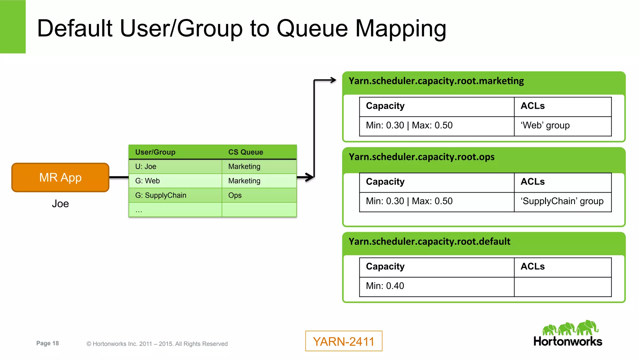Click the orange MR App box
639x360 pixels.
click(x=60, y=177)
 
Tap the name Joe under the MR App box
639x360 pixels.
click(x=60, y=204)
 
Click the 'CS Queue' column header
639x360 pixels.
click(x=246, y=152)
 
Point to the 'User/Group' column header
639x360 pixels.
click(x=155, y=152)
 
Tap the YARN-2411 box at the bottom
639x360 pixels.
click(x=344, y=341)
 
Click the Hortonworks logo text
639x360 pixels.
click(x=568, y=342)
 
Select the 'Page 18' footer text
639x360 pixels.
click(x=47, y=343)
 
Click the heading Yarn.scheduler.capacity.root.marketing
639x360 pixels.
click(x=436, y=81)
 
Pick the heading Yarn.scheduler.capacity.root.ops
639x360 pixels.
click(x=421, y=157)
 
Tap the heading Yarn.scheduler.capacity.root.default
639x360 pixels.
click(x=429, y=242)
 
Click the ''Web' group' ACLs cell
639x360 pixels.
click(x=545, y=126)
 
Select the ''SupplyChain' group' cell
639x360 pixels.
click(x=562, y=201)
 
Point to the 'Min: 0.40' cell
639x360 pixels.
click(x=385, y=286)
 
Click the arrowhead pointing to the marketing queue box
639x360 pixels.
click(x=334, y=80)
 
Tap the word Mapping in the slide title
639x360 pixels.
click(x=401, y=29)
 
